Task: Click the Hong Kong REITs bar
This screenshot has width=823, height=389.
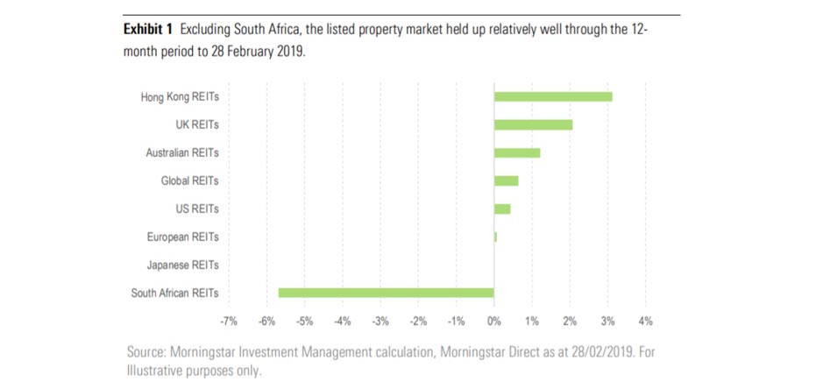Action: click(553, 96)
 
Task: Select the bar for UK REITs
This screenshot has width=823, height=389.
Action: click(533, 124)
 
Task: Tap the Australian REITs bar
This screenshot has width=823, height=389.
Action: click(517, 152)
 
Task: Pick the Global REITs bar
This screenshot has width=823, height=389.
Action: click(506, 180)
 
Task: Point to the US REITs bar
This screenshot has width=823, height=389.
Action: click(502, 209)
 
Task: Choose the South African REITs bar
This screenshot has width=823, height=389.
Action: click(386, 293)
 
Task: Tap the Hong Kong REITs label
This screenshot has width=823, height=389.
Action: click(180, 96)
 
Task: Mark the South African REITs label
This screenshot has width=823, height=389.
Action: click(175, 293)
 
